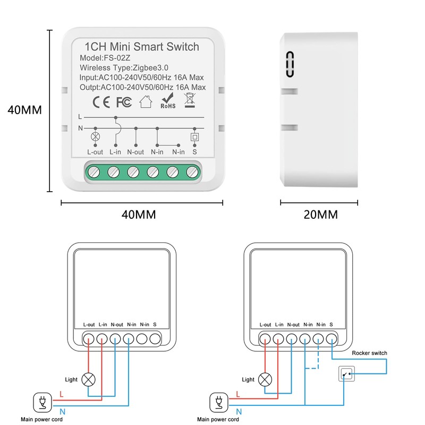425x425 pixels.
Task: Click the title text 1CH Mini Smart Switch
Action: (142, 47)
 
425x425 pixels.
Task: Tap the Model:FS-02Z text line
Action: (105, 58)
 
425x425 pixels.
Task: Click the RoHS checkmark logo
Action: (168, 100)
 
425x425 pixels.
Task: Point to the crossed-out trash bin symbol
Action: (189, 100)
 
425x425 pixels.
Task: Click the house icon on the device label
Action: (145, 101)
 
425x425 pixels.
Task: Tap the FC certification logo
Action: (123, 101)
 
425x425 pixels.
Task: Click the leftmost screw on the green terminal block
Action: (94, 172)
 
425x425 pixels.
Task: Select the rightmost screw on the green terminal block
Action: (194, 172)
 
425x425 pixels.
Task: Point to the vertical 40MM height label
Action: (24, 110)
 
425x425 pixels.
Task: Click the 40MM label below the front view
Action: (139, 215)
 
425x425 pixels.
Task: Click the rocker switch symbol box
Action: (346, 375)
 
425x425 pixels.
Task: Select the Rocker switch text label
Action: (370, 353)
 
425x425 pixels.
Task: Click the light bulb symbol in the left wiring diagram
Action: (90, 380)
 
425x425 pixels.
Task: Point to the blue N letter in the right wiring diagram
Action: (239, 411)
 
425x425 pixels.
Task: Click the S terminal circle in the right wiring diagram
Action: (331, 338)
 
